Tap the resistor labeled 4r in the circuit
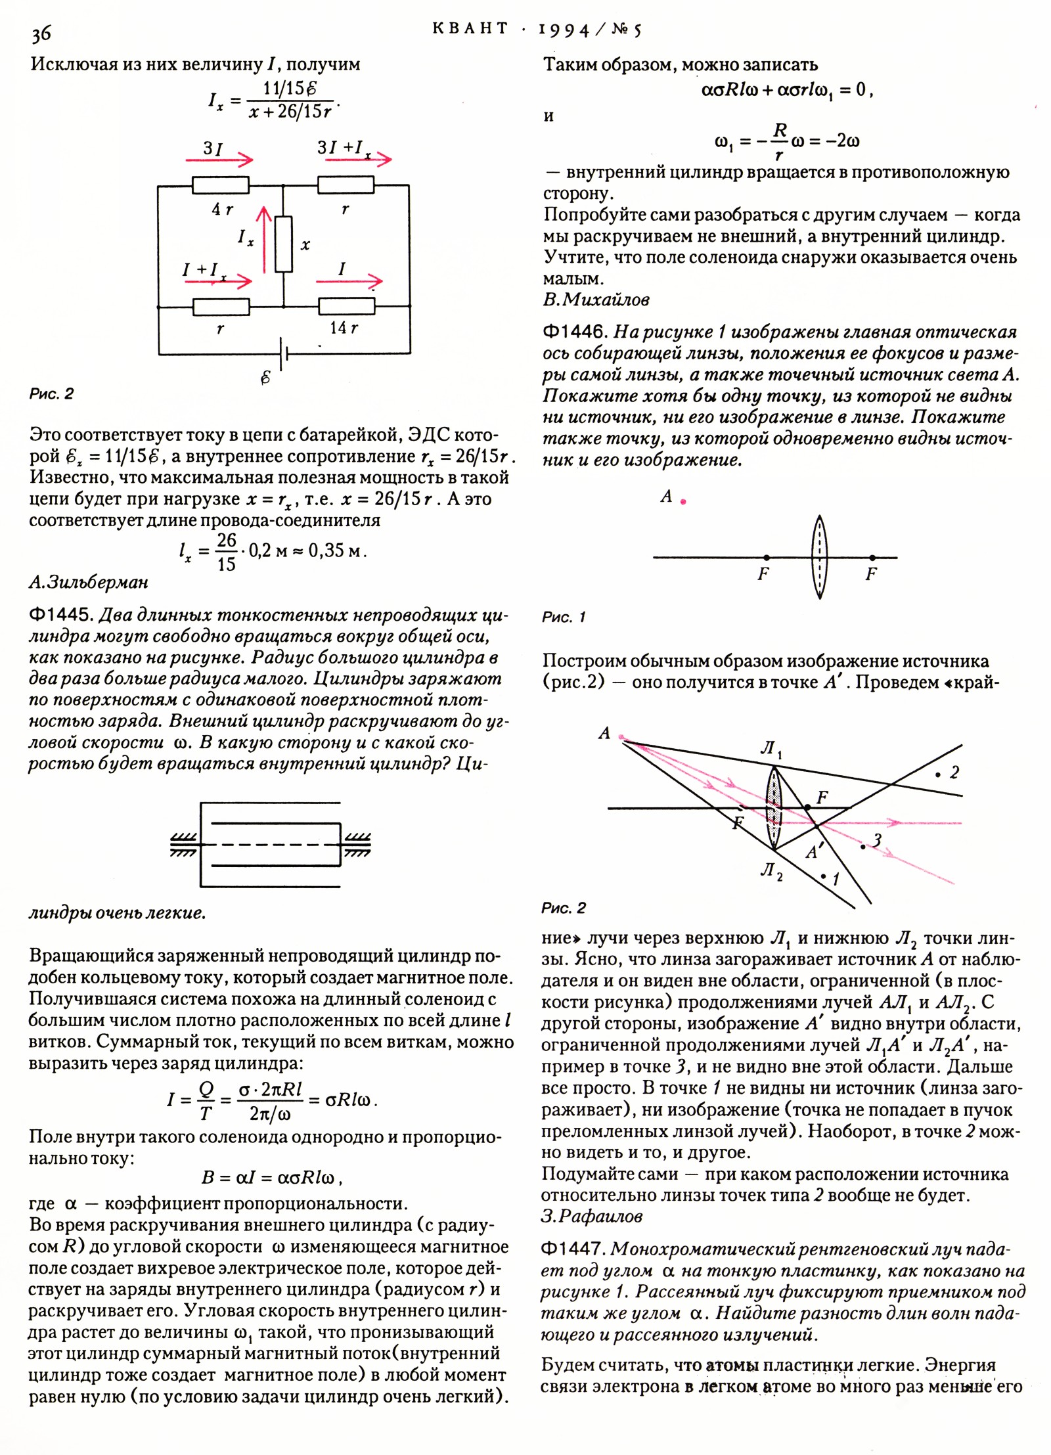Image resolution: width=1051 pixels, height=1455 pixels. (x=220, y=185)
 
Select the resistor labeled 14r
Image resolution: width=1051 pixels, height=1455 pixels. (x=346, y=307)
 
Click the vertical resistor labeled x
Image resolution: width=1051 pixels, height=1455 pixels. (x=284, y=244)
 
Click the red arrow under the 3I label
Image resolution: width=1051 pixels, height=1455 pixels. (x=219, y=160)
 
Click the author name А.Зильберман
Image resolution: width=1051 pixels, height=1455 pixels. (x=89, y=582)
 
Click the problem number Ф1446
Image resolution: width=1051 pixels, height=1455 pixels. (x=574, y=332)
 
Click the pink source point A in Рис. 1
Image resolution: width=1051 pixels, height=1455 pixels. (x=684, y=502)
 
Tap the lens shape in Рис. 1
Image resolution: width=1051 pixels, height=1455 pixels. (x=819, y=557)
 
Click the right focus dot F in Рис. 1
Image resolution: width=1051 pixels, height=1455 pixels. (x=872, y=558)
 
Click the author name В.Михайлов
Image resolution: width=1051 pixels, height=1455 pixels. (x=596, y=300)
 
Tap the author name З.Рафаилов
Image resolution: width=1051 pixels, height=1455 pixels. (x=591, y=1217)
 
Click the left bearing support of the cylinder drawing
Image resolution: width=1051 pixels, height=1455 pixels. (x=185, y=845)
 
